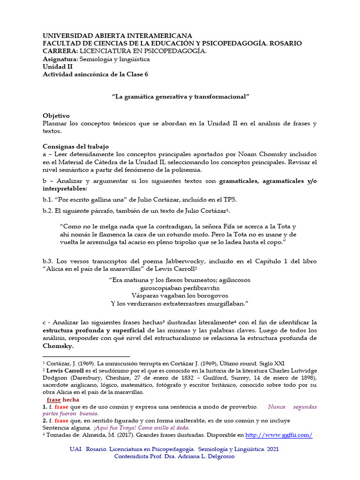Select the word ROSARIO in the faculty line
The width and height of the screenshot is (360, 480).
click(x=285, y=43)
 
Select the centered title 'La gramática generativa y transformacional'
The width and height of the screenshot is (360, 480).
click(x=180, y=96)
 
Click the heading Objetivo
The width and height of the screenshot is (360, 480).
click(x=56, y=115)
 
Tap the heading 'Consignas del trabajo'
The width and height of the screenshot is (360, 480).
click(x=75, y=146)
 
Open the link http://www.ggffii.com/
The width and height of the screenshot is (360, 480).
click(x=278, y=435)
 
